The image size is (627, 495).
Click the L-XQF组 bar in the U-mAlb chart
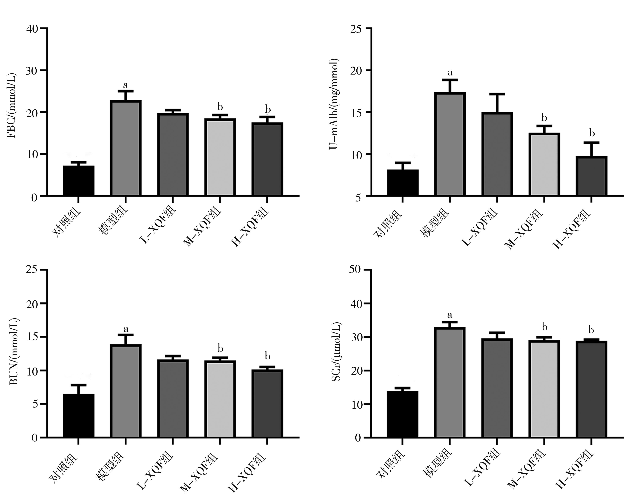[x=497, y=154]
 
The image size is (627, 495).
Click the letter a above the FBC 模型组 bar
[x=125, y=85]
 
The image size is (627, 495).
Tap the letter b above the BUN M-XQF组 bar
[x=220, y=348]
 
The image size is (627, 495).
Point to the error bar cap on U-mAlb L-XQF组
[x=497, y=94]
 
